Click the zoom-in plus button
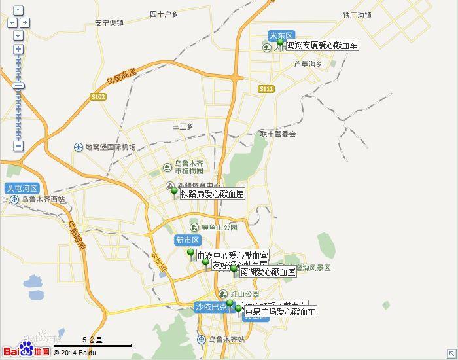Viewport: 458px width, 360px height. (18, 49)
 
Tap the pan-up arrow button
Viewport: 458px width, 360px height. (18, 10)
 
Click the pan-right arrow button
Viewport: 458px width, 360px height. (25, 23)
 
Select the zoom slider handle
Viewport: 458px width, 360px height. (18, 86)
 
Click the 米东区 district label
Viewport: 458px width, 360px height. (281, 35)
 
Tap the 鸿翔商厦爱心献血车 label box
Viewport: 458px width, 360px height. (322, 45)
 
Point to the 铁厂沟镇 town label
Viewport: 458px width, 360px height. (357, 15)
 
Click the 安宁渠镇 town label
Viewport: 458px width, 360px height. (109, 23)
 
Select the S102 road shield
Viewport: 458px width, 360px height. (98, 96)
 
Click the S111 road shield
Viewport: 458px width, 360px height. (266, 88)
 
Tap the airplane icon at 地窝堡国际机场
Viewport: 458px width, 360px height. (79, 147)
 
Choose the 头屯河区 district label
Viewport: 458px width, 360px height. (22, 188)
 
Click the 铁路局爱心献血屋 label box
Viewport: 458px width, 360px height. (212, 194)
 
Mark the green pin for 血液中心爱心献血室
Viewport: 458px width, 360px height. (191, 253)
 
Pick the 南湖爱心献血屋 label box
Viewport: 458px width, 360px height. (268, 272)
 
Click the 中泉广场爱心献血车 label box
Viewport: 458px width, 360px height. (280, 312)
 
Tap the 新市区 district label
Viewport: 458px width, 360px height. (186, 240)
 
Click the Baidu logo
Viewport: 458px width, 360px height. (26, 351)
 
